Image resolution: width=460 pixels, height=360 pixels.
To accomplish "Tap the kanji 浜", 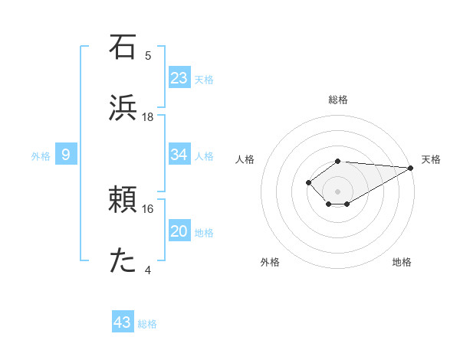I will coord(123,107).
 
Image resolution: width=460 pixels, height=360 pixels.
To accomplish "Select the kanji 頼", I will coord(123,200).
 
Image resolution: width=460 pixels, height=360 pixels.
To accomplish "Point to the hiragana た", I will coord(123,261).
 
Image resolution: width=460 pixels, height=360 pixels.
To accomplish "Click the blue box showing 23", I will coord(179,78).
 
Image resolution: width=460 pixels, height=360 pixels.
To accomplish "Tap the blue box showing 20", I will coord(179,231).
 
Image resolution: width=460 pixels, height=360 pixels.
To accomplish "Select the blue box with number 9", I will coord(66,155).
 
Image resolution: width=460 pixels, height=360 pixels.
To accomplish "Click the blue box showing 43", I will coord(123,322).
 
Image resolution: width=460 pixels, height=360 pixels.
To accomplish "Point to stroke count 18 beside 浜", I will coord(148,116).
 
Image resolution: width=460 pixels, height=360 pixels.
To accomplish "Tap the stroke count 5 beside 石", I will coord(148,55).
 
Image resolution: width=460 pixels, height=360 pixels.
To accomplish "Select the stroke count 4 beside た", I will coord(148,270).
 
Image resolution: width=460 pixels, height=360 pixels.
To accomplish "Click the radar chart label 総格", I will coord(338,100).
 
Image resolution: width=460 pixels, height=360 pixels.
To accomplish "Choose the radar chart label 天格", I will coord(431,159).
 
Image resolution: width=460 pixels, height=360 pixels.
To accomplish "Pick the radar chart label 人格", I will coord(245,159).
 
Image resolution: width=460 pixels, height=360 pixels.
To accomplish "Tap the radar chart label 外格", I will coord(270,263).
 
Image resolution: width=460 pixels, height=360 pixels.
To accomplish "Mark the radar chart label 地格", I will coord(402,263).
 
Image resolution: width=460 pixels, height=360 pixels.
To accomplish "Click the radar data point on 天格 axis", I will coord(411,168).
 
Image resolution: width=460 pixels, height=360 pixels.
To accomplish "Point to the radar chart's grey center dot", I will coord(338,191).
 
